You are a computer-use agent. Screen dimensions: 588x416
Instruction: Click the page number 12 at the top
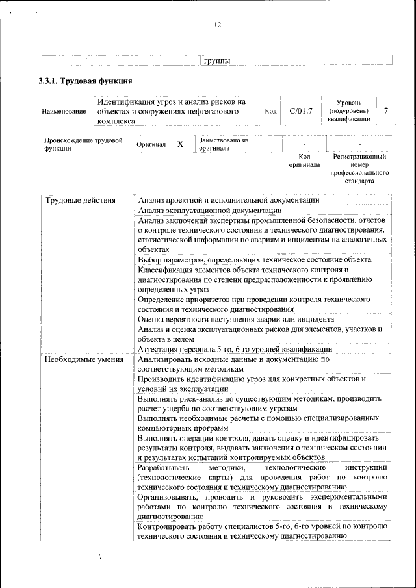pyautogui.click(x=217, y=25)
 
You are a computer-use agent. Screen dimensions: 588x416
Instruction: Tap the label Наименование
pyautogui.click(x=64, y=112)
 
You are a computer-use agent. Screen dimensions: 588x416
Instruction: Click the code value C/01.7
pyautogui.click(x=301, y=110)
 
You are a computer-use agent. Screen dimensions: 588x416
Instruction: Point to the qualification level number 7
pyautogui.click(x=386, y=110)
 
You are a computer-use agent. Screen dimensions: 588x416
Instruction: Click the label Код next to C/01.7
pyautogui.click(x=270, y=111)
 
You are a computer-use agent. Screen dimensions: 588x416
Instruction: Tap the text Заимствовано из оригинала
pyautogui.click(x=223, y=144)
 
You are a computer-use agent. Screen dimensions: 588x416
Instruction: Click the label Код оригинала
pyautogui.click(x=304, y=160)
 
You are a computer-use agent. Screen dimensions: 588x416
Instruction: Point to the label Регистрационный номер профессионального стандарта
pyautogui.click(x=359, y=169)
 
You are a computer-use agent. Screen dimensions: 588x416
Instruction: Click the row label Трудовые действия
pyautogui.click(x=79, y=200)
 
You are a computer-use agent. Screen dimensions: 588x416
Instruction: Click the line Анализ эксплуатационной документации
pyautogui.click(x=209, y=210)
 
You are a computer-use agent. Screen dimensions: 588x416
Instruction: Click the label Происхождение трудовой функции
pyautogui.click(x=83, y=144)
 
